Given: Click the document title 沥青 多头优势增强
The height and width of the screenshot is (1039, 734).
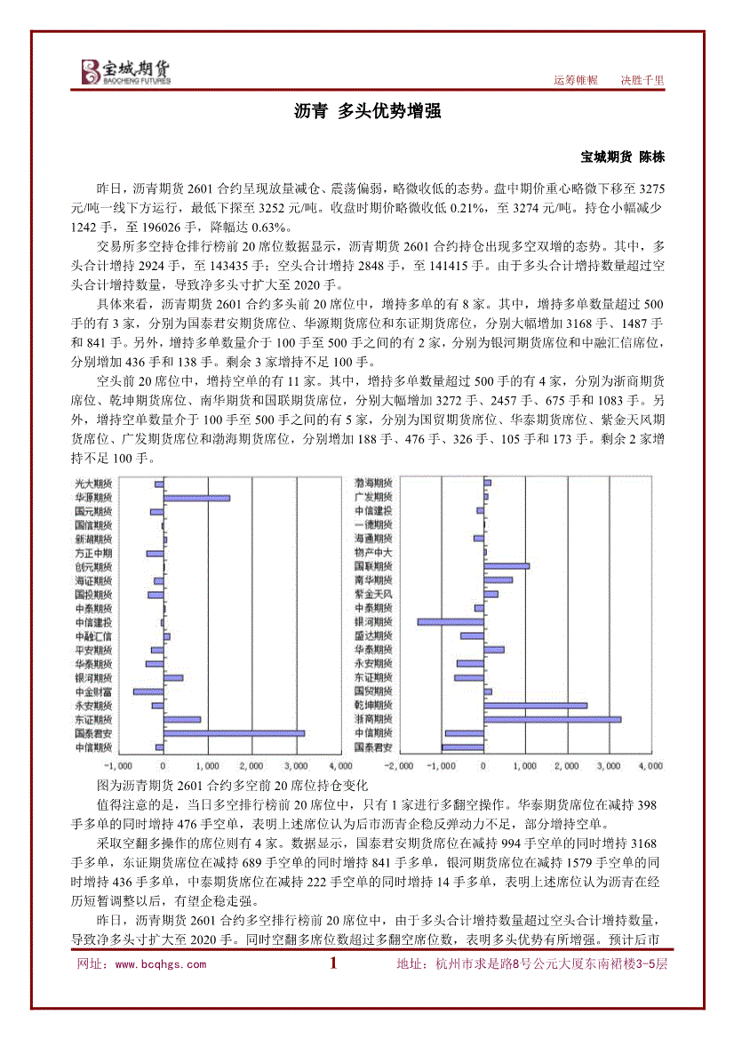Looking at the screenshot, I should click(367, 112).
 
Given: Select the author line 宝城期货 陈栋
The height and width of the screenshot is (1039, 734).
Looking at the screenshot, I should click(622, 156).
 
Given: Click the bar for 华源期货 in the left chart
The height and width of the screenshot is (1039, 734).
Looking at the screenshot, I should click(196, 498).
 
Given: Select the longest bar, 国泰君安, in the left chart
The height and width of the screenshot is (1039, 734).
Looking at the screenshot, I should click(234, 733).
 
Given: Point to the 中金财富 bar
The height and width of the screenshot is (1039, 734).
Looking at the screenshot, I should click(148, 691).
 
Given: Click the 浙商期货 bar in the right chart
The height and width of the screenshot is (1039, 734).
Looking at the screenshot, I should click(552, 719).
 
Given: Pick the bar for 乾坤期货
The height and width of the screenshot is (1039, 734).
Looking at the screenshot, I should click(536, 705).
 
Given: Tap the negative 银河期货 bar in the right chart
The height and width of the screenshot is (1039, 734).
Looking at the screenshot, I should click(451, 621).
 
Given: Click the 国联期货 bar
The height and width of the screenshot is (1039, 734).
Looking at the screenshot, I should click(507, 565).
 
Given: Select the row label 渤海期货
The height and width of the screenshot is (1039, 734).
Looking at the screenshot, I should click(373, 482).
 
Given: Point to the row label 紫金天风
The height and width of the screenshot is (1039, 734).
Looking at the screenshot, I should click(373, 594).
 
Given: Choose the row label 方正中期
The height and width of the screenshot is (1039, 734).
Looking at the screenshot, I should click(93, 553).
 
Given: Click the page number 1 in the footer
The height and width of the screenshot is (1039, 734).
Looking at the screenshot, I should click(334, 963).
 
